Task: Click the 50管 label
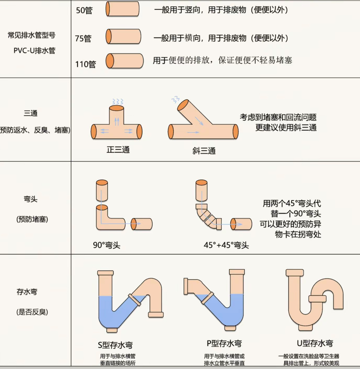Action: coord(84,10)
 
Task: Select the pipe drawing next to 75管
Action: coord(123,37)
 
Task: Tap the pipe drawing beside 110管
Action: coord(125,61)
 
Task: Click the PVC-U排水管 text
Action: coord(35,50)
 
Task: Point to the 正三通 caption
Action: coord(118,149)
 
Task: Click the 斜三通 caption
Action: coord(204,151)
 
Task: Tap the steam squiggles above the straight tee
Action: coord(118,101)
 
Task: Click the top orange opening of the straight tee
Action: coord(117,108)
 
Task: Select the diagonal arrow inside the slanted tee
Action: coord(199,121)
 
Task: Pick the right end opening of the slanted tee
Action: coord(235,132)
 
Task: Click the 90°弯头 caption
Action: coord(107,245)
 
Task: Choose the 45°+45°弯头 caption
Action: coord(226,245)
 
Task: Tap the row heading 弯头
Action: coord(31,199)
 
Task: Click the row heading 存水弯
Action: coord(27,292)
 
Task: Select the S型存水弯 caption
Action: coord(115,345)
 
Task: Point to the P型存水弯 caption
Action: coord(224,344)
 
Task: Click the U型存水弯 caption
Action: coord(315,343)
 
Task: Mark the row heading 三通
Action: coord(31,113)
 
